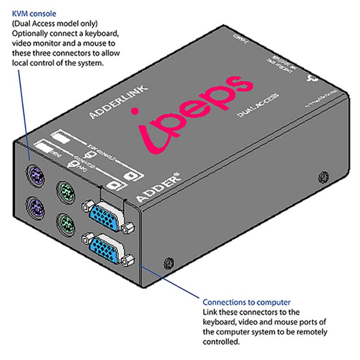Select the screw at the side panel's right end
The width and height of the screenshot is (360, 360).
pos(322,175)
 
